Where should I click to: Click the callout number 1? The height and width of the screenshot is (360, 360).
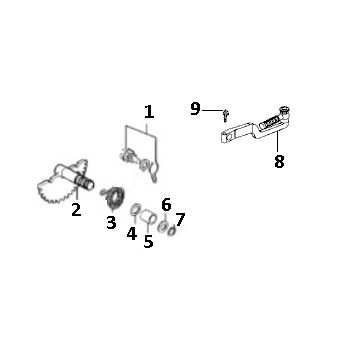point(149,112)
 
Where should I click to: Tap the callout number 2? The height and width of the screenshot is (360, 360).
point(75,210)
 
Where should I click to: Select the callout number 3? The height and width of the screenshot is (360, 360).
point(112,222)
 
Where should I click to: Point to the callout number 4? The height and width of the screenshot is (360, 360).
point(131,235)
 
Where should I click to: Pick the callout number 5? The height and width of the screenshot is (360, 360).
point(148,241)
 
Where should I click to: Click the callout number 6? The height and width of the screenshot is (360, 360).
point(166,204)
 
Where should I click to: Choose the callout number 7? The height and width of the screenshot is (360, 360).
point(180,219)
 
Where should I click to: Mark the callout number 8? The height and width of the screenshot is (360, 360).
point(279,159)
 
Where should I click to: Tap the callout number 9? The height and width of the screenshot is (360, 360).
point(196,109)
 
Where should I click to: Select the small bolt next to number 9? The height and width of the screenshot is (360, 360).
point(227,117)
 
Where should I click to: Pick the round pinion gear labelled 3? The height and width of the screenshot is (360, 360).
point(114,197)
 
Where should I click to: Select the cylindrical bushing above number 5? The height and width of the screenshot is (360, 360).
point(148,215)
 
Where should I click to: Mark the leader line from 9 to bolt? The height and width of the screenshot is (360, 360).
point(214,111)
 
